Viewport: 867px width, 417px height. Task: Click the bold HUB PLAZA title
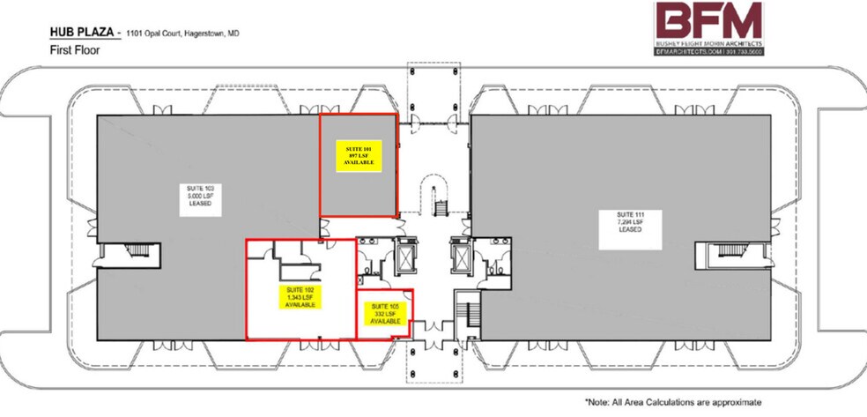(80, 34)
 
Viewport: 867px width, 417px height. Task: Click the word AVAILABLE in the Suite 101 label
(358, 164)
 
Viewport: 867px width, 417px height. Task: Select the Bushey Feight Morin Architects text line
(709, 44)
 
